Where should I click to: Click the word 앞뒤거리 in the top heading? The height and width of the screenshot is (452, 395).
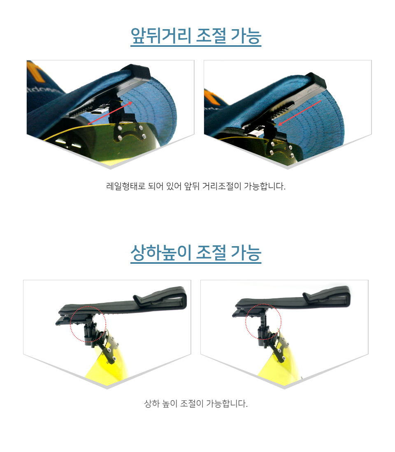[160, 36]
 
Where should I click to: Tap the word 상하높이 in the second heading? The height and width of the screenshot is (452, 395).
[160, 253]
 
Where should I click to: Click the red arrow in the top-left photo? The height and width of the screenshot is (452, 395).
[110, 113]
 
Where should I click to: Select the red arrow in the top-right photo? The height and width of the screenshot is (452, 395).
[299, 113]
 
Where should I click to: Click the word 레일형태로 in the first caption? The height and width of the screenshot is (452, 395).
[125, 186]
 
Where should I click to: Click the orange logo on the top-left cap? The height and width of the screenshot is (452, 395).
[35, 71]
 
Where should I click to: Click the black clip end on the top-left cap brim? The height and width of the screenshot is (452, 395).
[137, 71]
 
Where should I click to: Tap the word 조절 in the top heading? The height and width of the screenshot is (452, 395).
[211, 36]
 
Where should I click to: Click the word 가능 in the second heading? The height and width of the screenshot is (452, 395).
[246, 253]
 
